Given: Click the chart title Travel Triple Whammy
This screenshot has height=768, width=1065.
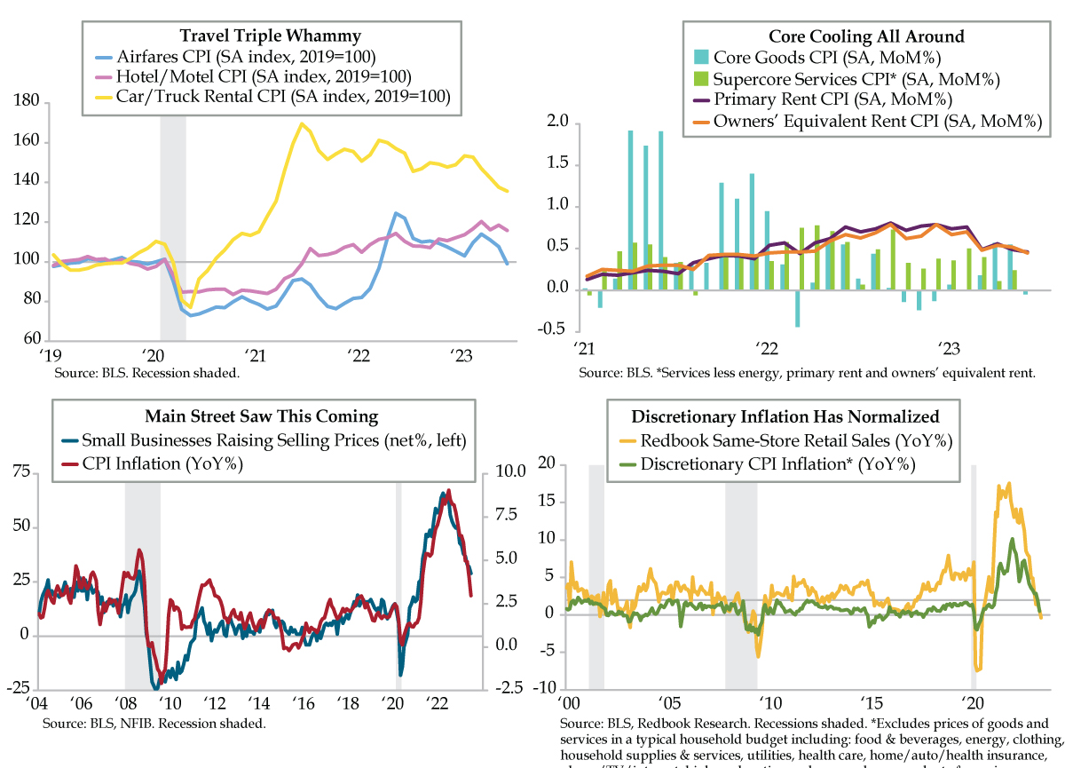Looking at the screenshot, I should pyautogui.click(x=271, y=36).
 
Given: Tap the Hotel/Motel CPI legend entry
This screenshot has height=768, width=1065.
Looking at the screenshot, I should pyautogui.click(x=267, y=76).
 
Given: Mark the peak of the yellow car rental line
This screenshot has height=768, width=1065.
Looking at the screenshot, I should pyautogui.click(x=303, y=124).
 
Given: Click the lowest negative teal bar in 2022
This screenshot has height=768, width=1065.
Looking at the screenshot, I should pyautogui.click(x=797, y=307).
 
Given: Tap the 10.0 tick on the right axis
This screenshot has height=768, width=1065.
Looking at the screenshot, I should pyautogui.click(x=504, y=471).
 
